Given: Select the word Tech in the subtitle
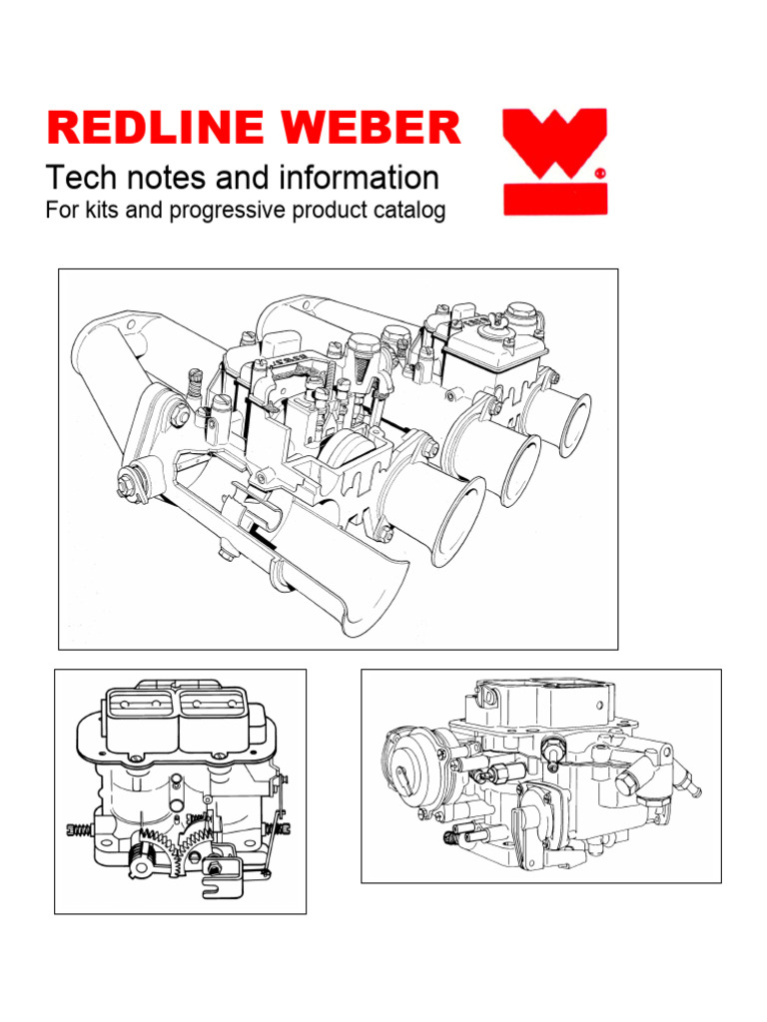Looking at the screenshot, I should [79, 179].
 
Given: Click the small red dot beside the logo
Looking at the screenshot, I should [600, 173].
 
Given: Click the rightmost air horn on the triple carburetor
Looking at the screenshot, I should [573, 423].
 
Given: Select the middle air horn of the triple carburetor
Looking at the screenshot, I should [519, 466].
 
